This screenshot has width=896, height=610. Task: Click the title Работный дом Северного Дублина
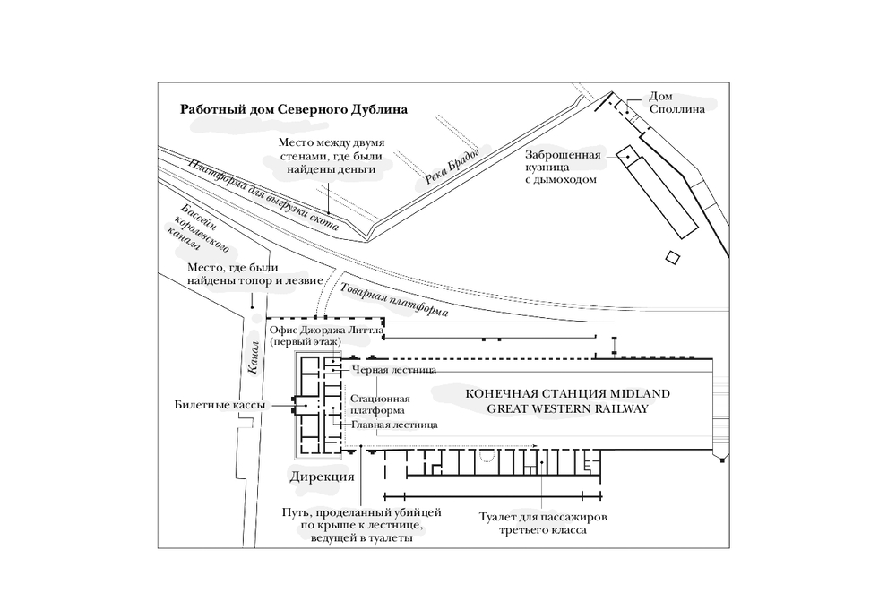point(294,109)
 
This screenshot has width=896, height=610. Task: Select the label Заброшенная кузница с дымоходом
point(563,167)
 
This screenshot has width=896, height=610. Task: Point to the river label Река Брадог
point(451,165)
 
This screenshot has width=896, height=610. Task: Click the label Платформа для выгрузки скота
point(264,194)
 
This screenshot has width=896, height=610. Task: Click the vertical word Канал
point(254,357)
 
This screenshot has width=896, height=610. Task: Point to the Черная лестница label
point(394,370)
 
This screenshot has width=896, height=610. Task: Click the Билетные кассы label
point(220,405)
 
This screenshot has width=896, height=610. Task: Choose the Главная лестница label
point(394,425)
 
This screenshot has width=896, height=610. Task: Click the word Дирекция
point(322,477)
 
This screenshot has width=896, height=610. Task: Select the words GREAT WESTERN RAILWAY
point(567,409)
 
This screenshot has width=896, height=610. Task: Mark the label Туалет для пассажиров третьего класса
point(543,524)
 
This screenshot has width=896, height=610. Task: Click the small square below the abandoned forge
point(673,258)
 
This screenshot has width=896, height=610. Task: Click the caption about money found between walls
point(331,155)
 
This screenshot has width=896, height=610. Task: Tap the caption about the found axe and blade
point(255,274)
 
